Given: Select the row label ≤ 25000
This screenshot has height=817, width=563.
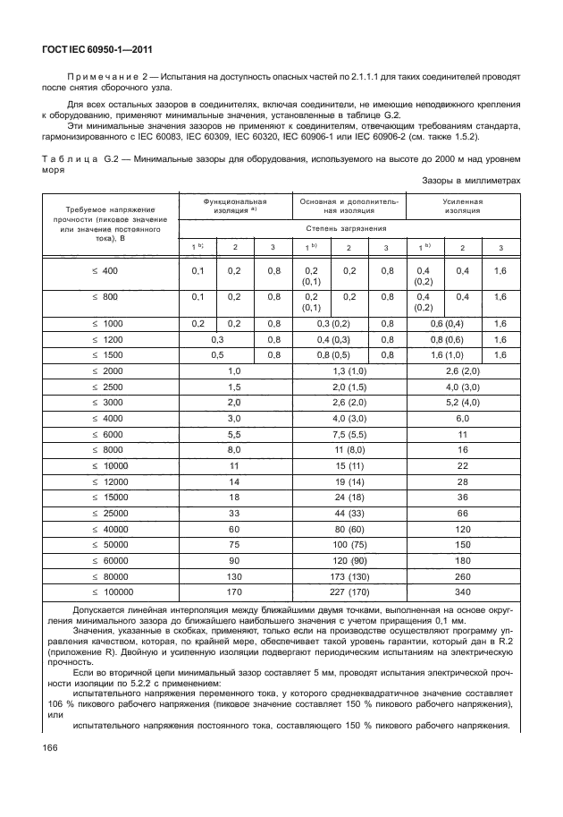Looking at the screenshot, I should pos(112,515).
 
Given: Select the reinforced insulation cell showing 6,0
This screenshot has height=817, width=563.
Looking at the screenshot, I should pos(462,418).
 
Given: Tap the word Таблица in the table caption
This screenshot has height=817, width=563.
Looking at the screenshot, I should pos(67,159).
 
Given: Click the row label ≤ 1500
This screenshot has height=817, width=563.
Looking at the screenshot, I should pos(112,354).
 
